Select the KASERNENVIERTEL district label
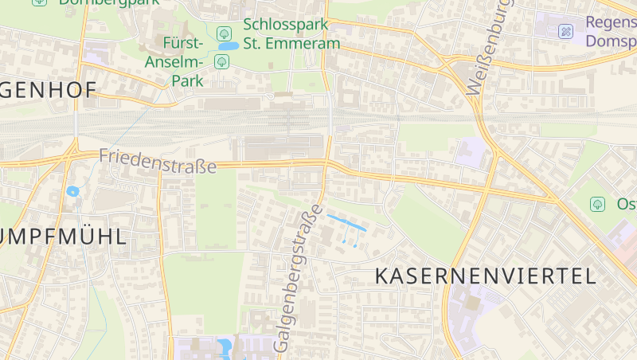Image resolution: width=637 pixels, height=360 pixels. [x=485, y=276]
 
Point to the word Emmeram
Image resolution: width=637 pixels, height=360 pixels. [x=307, y=43]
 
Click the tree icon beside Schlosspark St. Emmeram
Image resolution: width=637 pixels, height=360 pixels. [x=225, y=33]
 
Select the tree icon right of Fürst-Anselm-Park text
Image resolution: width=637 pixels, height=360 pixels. [x=221, y=61]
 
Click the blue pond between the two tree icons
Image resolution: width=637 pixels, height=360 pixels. [x=228, y=46]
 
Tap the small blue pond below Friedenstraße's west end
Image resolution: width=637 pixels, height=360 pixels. [x=73, y=191]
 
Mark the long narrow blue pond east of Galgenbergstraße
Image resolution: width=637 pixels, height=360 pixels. [x=346, y=222]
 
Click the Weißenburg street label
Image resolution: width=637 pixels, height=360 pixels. [x=487, y=49]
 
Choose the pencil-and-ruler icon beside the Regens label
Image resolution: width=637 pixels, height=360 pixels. [x=565, y=31]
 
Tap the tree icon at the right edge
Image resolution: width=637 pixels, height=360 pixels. [x=597, y=204]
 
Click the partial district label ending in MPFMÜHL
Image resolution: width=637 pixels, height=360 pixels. [x=64, y=237]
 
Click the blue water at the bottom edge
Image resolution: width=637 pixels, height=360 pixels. [x=224, y=348]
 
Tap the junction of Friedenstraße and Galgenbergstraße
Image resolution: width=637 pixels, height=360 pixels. [x=326, y=164]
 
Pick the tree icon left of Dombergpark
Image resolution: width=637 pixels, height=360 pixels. [x=39, y=2]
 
